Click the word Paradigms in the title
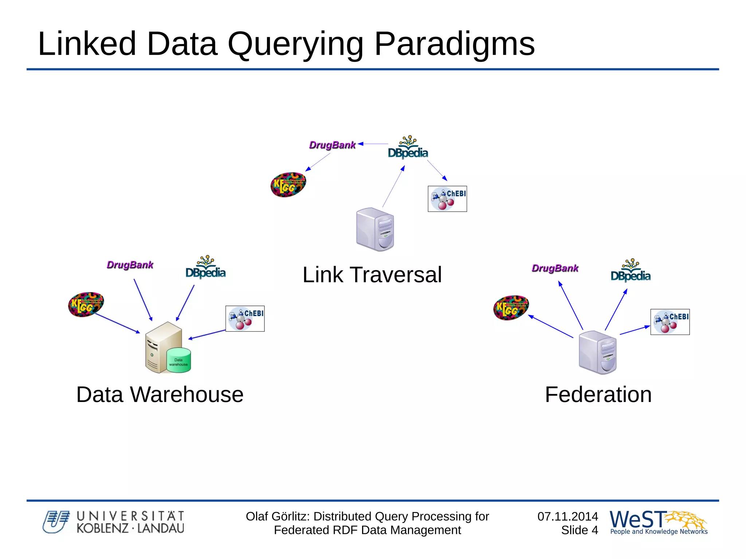click(454, 44)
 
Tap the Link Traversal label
click(372, 275)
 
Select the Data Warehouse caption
click(160, 394)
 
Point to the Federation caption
click(598, 394)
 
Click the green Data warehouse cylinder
click(178, 360)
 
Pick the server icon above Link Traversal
click(375, 229)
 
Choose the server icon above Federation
click(598, 352)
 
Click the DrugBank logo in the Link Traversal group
click(332, 145)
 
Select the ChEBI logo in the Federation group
click(670, 322)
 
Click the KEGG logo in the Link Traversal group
click(288, 185)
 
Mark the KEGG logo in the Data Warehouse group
click(86, 304)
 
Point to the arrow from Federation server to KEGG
click(550, 326)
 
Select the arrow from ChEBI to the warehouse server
click(207, 335)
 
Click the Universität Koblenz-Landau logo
click(113, 522)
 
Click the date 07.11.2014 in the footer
click(568, 516)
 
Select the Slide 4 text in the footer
click(579, 530)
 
